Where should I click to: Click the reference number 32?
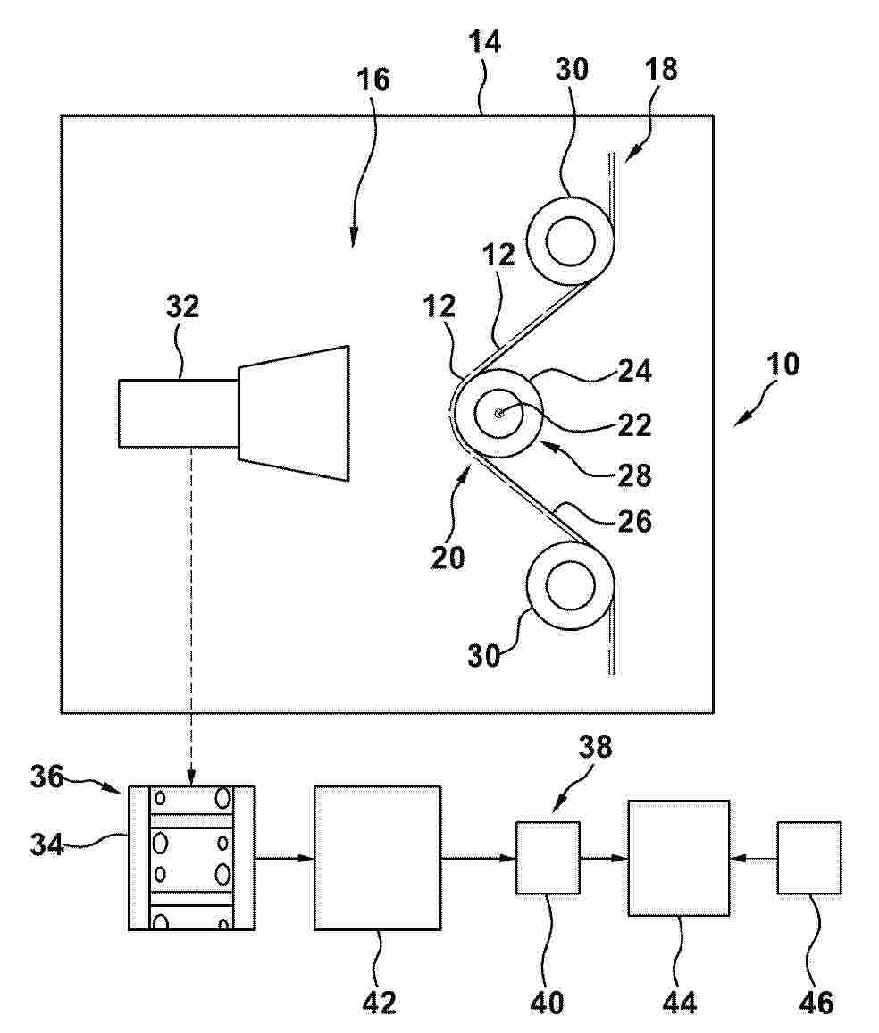tap(182, 307)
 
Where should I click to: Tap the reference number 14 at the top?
tap(484, 41)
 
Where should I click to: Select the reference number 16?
tap(373, 79)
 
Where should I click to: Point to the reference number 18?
tap(660, 69)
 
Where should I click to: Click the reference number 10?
tap(783, 364)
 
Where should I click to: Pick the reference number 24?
tap(635, 371)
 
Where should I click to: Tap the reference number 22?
tap(635, 425)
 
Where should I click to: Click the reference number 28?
tap(635, 475)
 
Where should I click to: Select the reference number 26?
tap(635, 522)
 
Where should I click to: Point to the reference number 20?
tap(448, 558)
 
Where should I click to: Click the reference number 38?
tap(595, 747)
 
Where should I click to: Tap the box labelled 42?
tap(377, 858)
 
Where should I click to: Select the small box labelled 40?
tap(548, 858)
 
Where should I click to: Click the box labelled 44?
tap(678, 858)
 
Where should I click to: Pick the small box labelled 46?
tap(809, 858)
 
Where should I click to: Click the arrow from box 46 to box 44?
tap(753, 858)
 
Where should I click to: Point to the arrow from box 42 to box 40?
tap(479, 858)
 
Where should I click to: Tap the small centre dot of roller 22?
tap(499, 413)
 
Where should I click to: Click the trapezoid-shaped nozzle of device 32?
tap(294, 413)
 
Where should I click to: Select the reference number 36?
tap(46, 777)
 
